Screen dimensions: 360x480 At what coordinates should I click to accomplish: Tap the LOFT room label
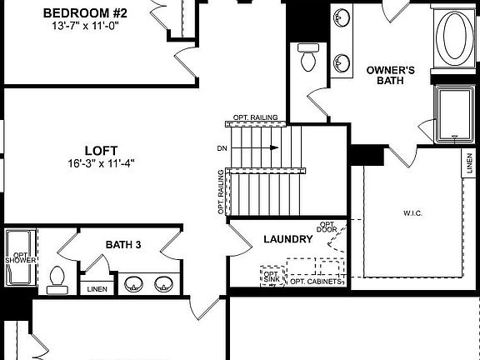pyautogui.click(x=102, y=151)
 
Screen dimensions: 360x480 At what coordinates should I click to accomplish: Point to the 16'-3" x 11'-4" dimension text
pyautogui.click(x=102, y=163)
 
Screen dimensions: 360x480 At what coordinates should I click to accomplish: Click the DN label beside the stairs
pyautogui.click(x=221, y=148)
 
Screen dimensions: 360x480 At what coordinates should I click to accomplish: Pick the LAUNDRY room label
pyautogui.click(x=287, y=239)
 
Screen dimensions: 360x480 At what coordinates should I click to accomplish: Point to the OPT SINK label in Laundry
pyautogui.click(x=271, y=276)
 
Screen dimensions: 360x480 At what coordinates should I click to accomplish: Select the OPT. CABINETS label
pyautogui.click(x=316, y=282)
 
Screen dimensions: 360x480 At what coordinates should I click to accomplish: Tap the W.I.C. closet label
pyautogui.click(x=412, y=213)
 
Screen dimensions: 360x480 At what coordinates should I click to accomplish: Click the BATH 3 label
pyautogui.click(x=124, y=244)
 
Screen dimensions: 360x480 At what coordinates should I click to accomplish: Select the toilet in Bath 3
pyautogui.click(x=57, y=278)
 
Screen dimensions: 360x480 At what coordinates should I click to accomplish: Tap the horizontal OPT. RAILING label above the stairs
pyautogui.click(x=255, y=117)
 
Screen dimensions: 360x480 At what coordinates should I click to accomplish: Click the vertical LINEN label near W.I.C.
pyautogui.click(x=470, y=164)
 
